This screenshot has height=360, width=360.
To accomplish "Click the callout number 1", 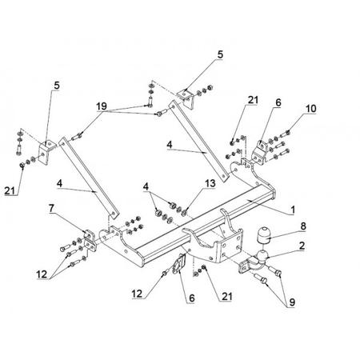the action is click(293, 210).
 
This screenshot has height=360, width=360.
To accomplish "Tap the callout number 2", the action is click(302, 246).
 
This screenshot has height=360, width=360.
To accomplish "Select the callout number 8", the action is click(303, 226).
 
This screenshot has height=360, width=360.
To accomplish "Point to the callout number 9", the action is click(292, 302).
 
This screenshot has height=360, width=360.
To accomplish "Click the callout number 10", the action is click(310, 109).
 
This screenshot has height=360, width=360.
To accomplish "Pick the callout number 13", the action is click(210, 183).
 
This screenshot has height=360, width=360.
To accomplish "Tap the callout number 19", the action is click(102, 106).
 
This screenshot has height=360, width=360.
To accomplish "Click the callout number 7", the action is click(51, 209).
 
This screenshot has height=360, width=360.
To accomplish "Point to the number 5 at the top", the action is click(220, 54).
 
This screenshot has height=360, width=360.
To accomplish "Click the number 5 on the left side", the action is click(57, 86).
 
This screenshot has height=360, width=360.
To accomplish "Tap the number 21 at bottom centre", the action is click(226, 296).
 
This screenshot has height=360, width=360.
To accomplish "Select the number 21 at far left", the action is click(10, 190).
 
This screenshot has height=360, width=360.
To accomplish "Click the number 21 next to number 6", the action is click(253, 100).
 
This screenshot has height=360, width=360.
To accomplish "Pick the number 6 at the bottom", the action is click(192, 298).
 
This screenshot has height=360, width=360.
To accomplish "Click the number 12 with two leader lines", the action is click(42, 274).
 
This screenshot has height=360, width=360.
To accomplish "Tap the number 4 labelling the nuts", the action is click(146, 186).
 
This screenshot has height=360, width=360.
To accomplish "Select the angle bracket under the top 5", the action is click(186, 98).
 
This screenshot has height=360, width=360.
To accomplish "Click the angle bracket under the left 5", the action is click(46, 152).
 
